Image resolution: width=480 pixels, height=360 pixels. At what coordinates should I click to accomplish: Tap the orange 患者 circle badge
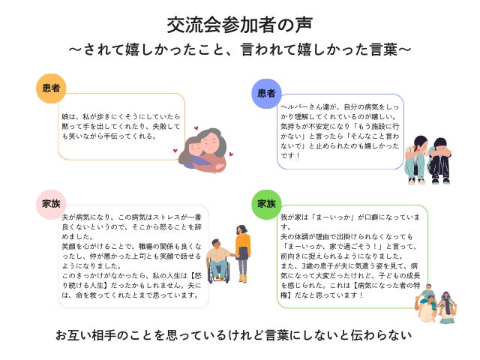tap(52, 88)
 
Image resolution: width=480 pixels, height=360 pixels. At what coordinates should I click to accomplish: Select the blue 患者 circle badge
tap(266, 93)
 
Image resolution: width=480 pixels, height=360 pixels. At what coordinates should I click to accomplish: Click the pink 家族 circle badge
tap(52, 202)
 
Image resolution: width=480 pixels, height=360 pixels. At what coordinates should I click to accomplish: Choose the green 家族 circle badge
tap(266, 204)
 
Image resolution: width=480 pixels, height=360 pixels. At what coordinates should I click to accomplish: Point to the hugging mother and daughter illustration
tap(202, 148)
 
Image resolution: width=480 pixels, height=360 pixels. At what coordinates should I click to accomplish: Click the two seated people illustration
tap(427, 160)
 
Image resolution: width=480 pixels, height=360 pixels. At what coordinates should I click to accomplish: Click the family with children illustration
tap(436, 303)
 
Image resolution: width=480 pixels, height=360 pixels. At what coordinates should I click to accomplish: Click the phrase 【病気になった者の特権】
tap(346, 285)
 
